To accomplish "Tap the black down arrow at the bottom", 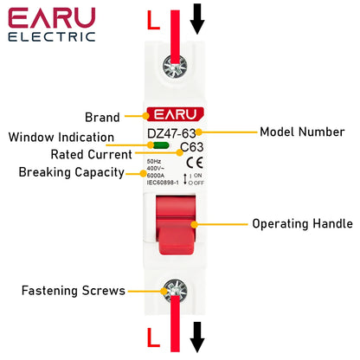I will click(197, 337).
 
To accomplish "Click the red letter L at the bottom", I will click(153, 336).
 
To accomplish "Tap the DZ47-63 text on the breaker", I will click(172, 132).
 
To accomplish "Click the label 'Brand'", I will click(102, 116).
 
